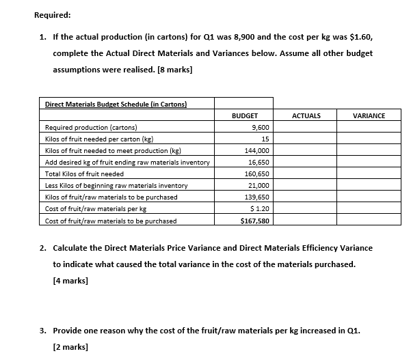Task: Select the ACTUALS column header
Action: (x=306, y=116)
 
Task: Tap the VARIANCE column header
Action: (x=369, y=116)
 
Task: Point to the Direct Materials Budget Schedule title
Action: (x=116, y=104)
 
